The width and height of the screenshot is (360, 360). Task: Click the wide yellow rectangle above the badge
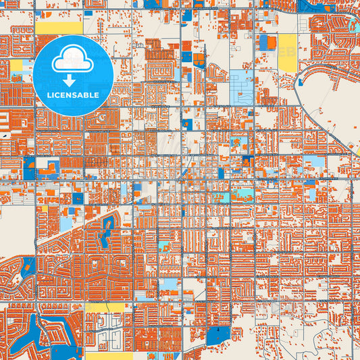point(59,28)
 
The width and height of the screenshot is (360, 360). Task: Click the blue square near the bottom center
point(218,335)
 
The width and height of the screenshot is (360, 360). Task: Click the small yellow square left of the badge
point(16,66)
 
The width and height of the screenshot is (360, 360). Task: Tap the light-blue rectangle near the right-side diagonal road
point(313,161)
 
